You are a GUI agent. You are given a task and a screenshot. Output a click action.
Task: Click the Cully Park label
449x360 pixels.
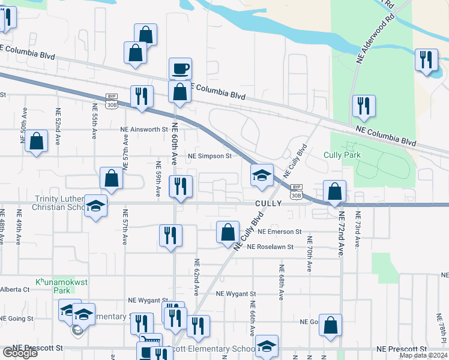click(342, 155)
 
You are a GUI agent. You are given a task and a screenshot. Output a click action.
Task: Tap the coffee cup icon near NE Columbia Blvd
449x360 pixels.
click(180, 68)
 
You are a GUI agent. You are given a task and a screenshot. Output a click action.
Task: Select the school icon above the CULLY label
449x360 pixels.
click(262, 175)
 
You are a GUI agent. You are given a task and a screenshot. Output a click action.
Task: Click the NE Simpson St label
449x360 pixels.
click(209, 156)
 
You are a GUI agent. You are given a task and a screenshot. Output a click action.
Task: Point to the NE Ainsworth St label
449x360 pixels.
click(143, 129)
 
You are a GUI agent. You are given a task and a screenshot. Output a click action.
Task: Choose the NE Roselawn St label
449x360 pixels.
click(270, 247)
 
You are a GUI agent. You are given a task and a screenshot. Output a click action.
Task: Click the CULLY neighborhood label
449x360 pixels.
click(268, 203)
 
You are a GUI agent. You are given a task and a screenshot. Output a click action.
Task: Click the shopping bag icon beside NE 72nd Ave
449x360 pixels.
click(335, 191)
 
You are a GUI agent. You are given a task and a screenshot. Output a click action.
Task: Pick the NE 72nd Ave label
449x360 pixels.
click(340, 235)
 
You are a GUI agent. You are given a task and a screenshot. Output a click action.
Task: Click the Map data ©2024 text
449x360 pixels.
click(423, 355)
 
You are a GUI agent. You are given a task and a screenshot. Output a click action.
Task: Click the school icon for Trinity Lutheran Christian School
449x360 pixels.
click(95, 206)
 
